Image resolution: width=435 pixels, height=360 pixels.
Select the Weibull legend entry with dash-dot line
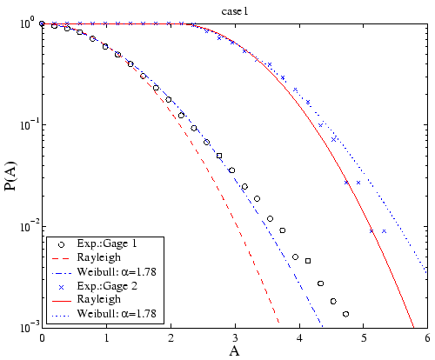pyautogui.click(x=112, y=271)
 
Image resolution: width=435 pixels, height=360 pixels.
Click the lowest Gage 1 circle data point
pyautogui.click(x=345, y=314)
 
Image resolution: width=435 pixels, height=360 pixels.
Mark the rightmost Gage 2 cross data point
pyautogui.click(x=384, y=231)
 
